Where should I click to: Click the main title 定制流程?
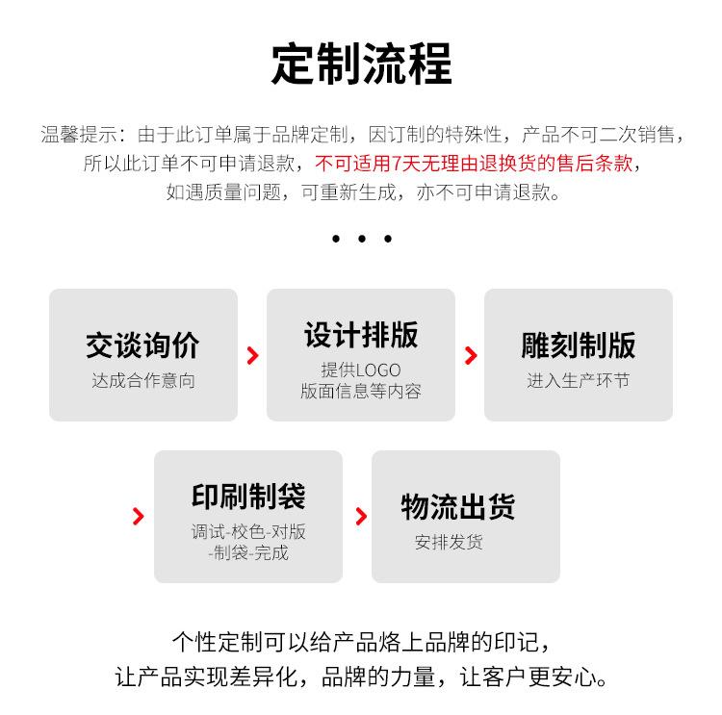(x=361, y=64)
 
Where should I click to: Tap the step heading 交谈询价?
(x=142, y=345)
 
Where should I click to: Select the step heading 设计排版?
(x=361, y=335)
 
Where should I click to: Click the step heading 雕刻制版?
(x=579, y=345)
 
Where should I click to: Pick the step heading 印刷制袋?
(x=248, y=497)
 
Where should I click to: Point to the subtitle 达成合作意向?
(x=143, y=381)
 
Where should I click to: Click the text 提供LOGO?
(x=361, y=370)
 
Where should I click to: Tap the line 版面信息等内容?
(x=361, y=391)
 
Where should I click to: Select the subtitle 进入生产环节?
(x=578, y=381)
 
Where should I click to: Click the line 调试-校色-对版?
(x=248, y=532)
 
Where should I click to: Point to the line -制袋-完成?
(x=248, y=553)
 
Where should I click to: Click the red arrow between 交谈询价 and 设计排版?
(x=252, y=356)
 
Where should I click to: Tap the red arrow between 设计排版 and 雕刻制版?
(x=471, y=356)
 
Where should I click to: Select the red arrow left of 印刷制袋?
(x=139, y=517)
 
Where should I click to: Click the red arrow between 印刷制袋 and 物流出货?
(x=361, y=517)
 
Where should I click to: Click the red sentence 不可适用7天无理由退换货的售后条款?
(x=475, y=163)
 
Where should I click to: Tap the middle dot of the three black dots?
(x=361, y=239)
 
